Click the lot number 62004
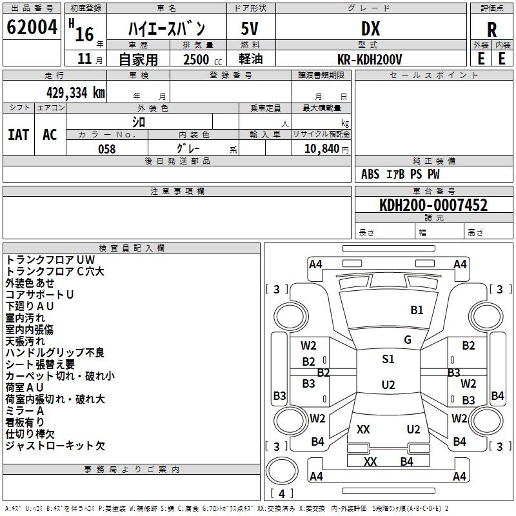pyautogui.click(x=32, y=28)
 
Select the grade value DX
pyautogui.click(x=370, y=28)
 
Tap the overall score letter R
pyautogui.click(x=491, y=30)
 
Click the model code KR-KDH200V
pyautogui.click(x=370, y=59)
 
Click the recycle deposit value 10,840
pyautogui.click(x=321, y=149)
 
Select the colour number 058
pyautogui.click(x=106, y=149)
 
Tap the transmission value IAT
pyautogui.click(x=18, y=135)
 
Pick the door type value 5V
pyautogui.click(x=250, y=28)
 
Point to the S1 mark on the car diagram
pyautogui.click(x=388, y=359)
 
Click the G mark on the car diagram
pyautogui.click(x=407, y=340)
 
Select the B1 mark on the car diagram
pyautogui.click(x=417, y=310)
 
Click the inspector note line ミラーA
pyautogui.click(x=25, y=411)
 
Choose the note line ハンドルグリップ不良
pyautogui.click(x=55, y=353)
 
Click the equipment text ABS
pyautogui.click(x=370, y=174)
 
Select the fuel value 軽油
pyautogui.click(x=250, y=59)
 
